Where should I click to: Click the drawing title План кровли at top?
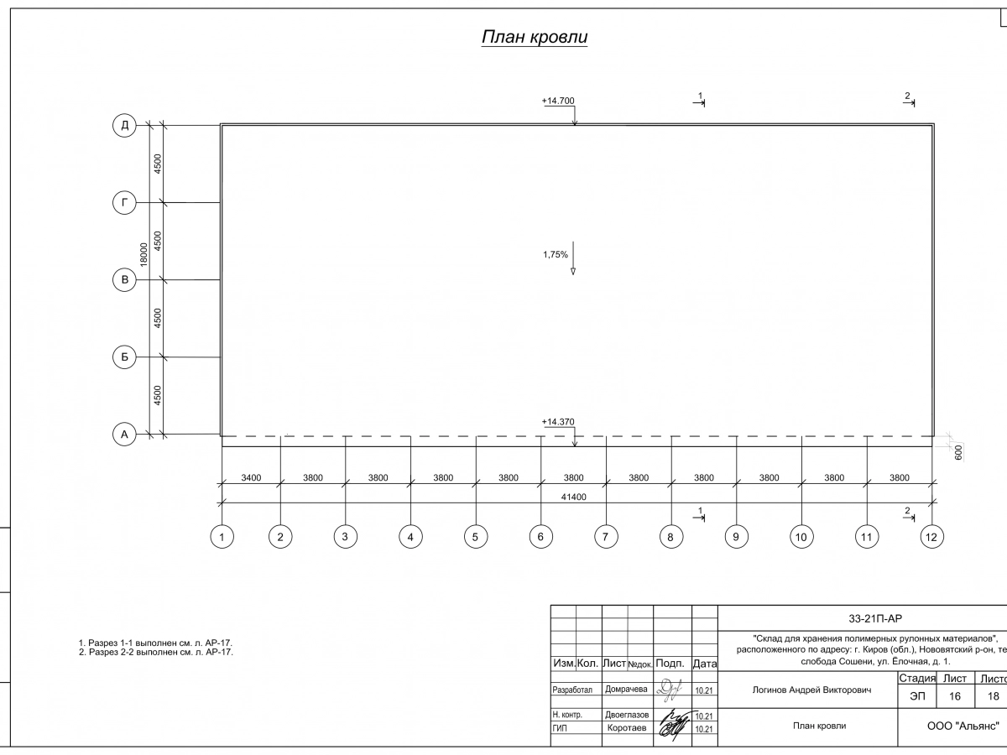point(534,38)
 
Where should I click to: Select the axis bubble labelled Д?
point(124,126)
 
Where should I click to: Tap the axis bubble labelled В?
point(124,280)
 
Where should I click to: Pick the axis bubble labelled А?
point(124,435)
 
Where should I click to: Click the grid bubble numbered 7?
point(605,537)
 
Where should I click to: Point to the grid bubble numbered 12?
point(931,537)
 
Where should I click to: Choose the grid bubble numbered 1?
point(222,537)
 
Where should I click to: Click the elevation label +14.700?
point(558,101)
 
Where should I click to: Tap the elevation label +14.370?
point(558,422)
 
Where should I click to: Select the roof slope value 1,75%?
point(556,254)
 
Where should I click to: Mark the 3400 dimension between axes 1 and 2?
point(251,478)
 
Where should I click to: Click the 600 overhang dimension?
point(957,450)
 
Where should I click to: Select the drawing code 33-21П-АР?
point(875,618)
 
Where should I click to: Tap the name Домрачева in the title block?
point(626,690)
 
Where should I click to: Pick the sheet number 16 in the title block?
point(955,696)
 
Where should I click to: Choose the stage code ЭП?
point(916,696)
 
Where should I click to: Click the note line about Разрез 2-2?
point(155,652)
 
